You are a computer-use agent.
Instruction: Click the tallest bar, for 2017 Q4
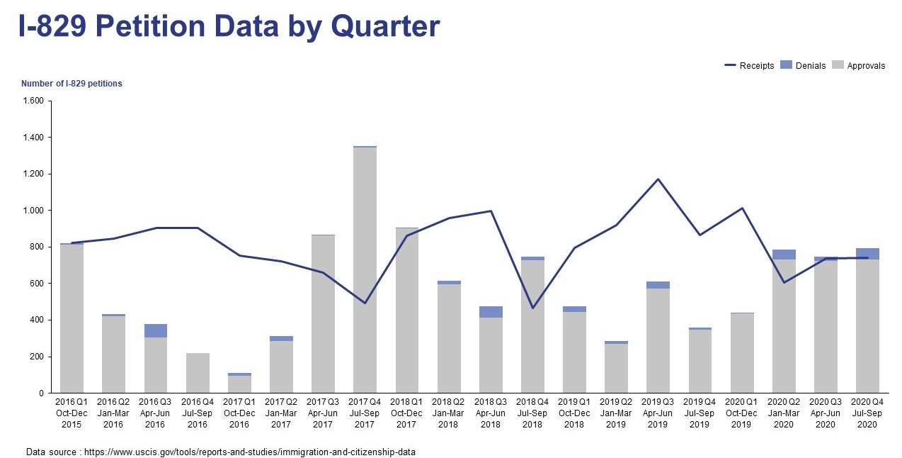[365, 269]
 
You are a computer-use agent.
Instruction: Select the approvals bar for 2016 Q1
[72, 319]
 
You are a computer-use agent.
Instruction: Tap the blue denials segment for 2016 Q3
[156, 330]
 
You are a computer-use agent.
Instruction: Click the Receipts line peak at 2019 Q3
[658, 179]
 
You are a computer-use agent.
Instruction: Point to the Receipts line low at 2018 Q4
[532, 308]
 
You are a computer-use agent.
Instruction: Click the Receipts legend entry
[749, 66]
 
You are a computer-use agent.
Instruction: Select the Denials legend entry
[803, 66]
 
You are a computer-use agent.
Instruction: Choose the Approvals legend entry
[858, 66]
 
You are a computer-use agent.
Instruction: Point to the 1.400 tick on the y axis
[34, 138]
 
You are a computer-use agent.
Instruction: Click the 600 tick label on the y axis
[38, 284]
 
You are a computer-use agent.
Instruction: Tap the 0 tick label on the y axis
[41, 393]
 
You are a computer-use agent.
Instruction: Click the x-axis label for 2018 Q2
[448, 413]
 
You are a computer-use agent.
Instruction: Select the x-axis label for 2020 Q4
[867, 413]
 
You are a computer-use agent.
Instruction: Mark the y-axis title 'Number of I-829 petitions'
[72, 84]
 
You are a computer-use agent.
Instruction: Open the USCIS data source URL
[249, 452]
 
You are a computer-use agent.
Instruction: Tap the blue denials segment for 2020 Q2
[783, 255]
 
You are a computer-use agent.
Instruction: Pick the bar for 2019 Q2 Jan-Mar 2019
[616, 369]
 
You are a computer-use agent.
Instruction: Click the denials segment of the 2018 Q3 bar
[491, 312]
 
